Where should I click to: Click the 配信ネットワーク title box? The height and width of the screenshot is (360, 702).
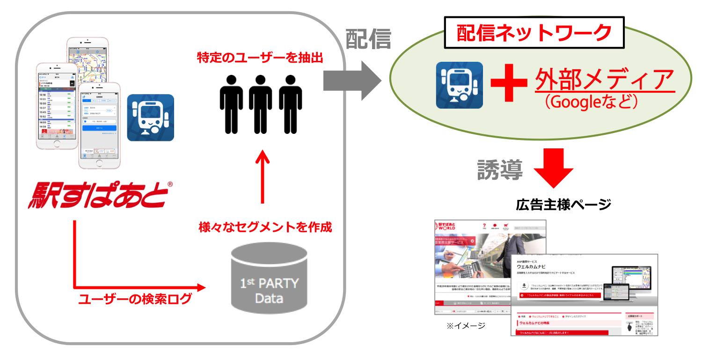(534, 33)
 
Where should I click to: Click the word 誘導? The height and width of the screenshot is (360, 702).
(499, 169)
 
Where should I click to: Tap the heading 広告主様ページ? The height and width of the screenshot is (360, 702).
(563, 205)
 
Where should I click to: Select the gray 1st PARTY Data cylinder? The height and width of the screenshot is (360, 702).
(269, 281)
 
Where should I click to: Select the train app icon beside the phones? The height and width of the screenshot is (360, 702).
(150, 118)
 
